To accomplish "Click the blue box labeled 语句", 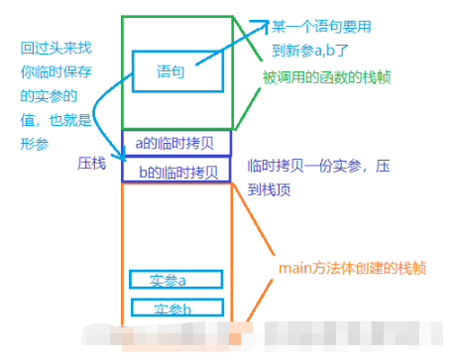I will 170,71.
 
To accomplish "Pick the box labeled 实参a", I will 175,280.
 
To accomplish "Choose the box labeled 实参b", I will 175,307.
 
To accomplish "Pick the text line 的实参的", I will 46,95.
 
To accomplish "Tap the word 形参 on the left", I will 34,143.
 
